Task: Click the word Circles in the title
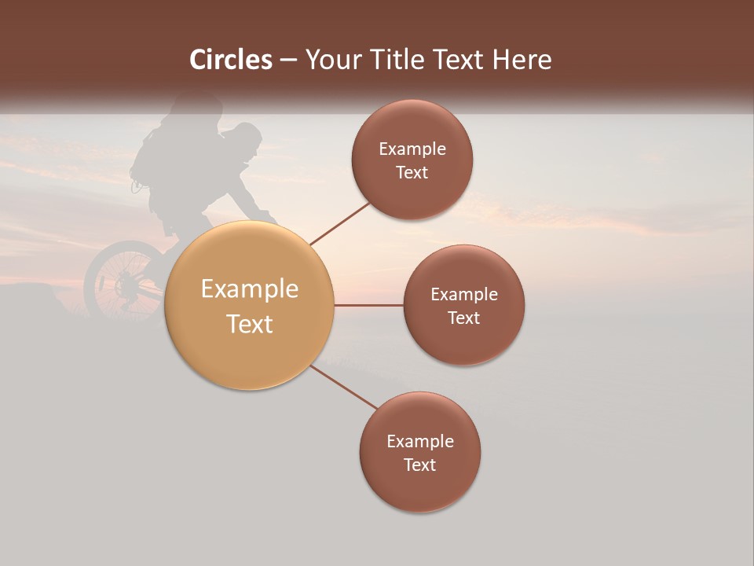231,60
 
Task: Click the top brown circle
412,160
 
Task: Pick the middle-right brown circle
464,305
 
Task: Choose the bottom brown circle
420,452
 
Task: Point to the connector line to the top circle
339,222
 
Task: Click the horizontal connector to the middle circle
369,305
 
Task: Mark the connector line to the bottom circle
344,387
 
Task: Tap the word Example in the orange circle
250,289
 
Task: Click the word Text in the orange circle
250,324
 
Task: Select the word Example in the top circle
412,149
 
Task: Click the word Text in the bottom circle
420,465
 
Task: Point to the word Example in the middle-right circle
464,294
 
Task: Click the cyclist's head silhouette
246,139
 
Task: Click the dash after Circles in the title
288,60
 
